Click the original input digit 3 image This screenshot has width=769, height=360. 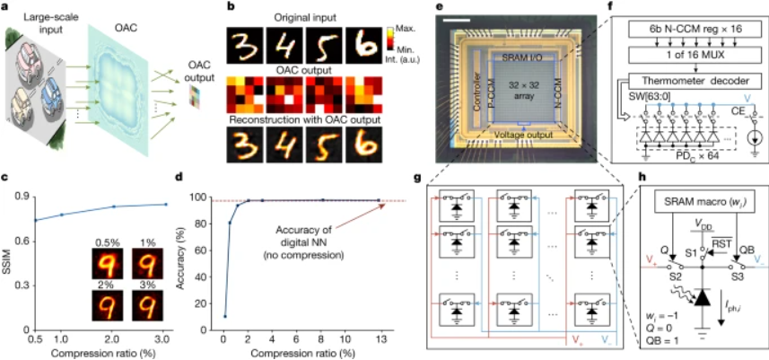pyautogui.click(x=242, y=41)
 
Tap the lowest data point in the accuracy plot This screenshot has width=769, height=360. pyautogui.click(x=223, y=315)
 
